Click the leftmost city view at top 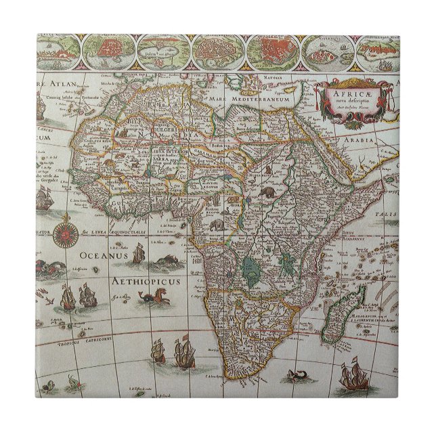point(58,48)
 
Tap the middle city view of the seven point(217,48)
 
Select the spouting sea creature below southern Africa point(297,375)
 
